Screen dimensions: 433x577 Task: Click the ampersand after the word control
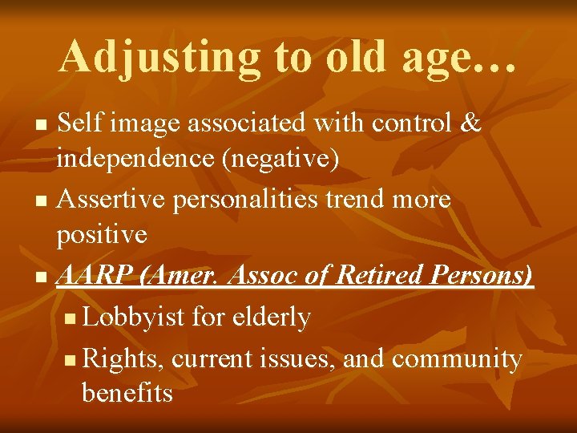click(471, 123)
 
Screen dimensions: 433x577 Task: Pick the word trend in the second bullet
click(358, 198)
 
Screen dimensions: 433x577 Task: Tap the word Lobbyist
click(134, 318)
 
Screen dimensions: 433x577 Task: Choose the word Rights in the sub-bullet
click(123, 358)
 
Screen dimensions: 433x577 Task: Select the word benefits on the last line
click(127, 393)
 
